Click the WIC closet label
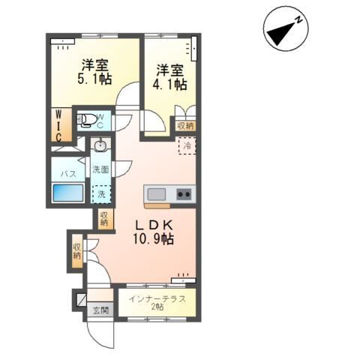click(57, 126)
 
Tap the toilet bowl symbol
click(88, 119)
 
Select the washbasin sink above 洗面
click(100, 145)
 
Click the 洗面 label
click(100, 169)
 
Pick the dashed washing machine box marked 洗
click(100, 193)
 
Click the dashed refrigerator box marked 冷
click(185, 145)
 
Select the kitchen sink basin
click(157, 194)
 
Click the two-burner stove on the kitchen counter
click(183, 194)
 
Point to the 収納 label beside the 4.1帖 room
click(184, 126)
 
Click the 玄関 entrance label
click(100, 309)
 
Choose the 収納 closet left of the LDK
click(77, 251)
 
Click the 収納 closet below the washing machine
click(103, 219)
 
